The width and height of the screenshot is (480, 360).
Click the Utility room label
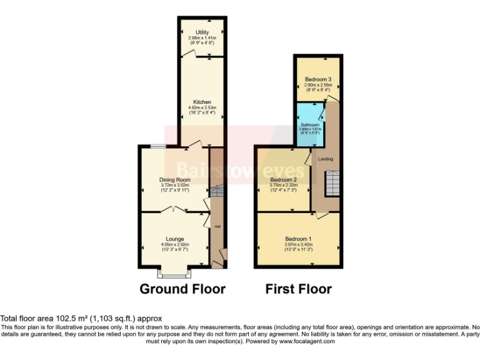point(201,32)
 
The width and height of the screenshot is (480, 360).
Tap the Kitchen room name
point(201,102)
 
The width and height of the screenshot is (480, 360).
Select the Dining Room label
point(174,180)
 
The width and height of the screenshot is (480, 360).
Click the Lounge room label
point(174,238)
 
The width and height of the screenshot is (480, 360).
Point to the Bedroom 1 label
point(298,239)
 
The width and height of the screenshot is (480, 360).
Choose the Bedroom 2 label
point(284,180)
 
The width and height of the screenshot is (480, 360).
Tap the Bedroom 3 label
point(318,79)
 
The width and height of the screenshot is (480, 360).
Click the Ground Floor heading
point(182,289)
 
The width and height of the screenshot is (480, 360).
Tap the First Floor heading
point(298,289)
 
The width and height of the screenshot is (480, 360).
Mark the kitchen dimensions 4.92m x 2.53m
point(201,107)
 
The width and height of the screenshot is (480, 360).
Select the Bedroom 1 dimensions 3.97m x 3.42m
point(298,244)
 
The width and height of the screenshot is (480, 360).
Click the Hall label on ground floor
point(217,226)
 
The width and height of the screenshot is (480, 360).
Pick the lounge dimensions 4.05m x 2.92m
point(174,244)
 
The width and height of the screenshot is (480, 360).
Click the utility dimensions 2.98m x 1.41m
point(201,37)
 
